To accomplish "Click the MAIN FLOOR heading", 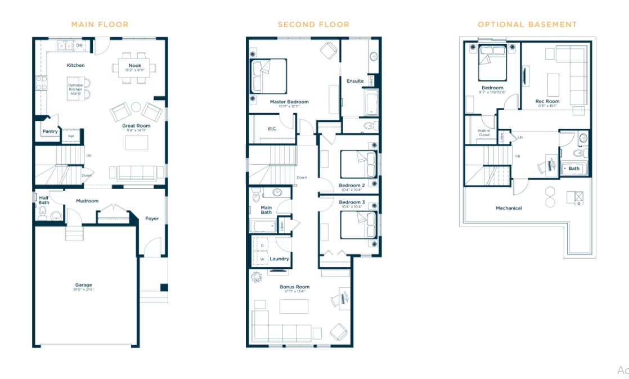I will click(x=100, y=24).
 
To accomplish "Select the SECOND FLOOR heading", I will click(x=313, y=24).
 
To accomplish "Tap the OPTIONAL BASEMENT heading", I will click(x=527, y=24).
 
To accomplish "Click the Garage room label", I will click(x=84, y=285).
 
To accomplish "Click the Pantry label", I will click(x=50, y=131).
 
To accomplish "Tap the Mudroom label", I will click(x=87, y=201).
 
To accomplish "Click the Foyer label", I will click(x=151, y=219).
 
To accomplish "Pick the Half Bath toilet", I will click(x=42, y=213).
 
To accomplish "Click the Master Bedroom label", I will click(x=289, y=102).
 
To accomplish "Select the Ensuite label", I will click(x=355, y=81).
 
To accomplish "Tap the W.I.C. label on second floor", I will click(x=272, y=128).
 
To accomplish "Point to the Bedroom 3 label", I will click(x=352, y=202).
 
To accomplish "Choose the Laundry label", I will click(x=279, y=259).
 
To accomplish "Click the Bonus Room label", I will click(x=295, y=287).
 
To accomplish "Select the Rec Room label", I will click(x=547, y=101).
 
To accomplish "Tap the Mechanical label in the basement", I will click(x=509, y=208).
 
